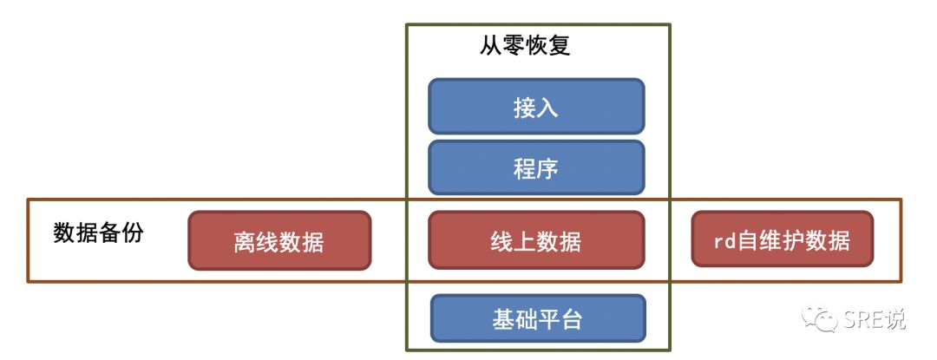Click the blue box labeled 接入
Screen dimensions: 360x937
(536, 107)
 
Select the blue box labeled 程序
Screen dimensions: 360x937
(536, 167)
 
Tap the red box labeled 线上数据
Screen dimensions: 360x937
(536, 240)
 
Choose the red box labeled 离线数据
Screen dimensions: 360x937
(279, 240)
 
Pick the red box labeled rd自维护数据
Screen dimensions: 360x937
(782, 240)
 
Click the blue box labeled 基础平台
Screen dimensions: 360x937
(538, 319)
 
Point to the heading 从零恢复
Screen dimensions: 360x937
(525, 46)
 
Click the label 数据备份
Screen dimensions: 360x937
(98, 233)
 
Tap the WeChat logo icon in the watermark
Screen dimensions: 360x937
(820, 318)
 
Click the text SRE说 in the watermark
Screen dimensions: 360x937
(874, 319)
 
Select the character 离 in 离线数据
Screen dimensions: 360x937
(245, 241)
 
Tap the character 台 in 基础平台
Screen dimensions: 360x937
(572, 319)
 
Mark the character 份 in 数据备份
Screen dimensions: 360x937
(133, 233)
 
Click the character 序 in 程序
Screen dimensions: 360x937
(547, 168)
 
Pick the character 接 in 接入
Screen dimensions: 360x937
(524, 108)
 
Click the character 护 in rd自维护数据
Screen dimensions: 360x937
(794, 241)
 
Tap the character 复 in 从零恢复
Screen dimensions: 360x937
(560, 46)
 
